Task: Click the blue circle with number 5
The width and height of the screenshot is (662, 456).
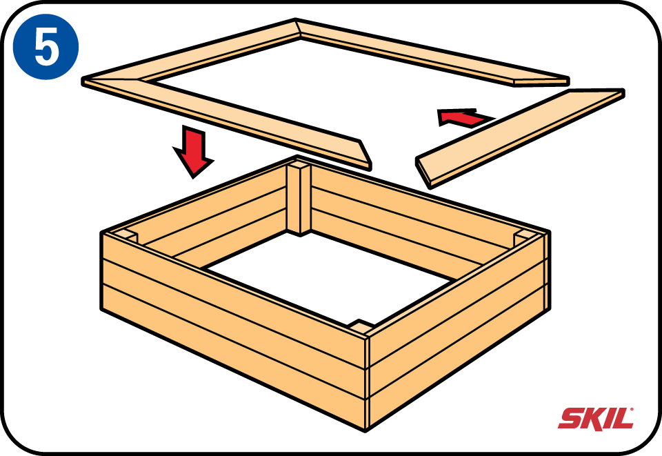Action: click(x=46, y=47)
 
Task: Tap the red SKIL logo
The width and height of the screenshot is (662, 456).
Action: click(x=596, y=419)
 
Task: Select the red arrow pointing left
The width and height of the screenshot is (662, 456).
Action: click(x=464, y=117)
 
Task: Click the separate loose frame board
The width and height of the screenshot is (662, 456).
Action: click(x=520, y=138)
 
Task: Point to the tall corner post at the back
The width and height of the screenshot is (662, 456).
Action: click(x=299, y=197)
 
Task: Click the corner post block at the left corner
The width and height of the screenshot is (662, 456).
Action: click(x=126, y=237)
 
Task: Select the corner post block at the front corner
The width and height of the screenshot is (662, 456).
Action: click(x=360, y=326)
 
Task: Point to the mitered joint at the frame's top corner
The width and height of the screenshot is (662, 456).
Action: click(x=298, y=29)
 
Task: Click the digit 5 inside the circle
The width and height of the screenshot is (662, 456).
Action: click(x=46, y=48)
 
